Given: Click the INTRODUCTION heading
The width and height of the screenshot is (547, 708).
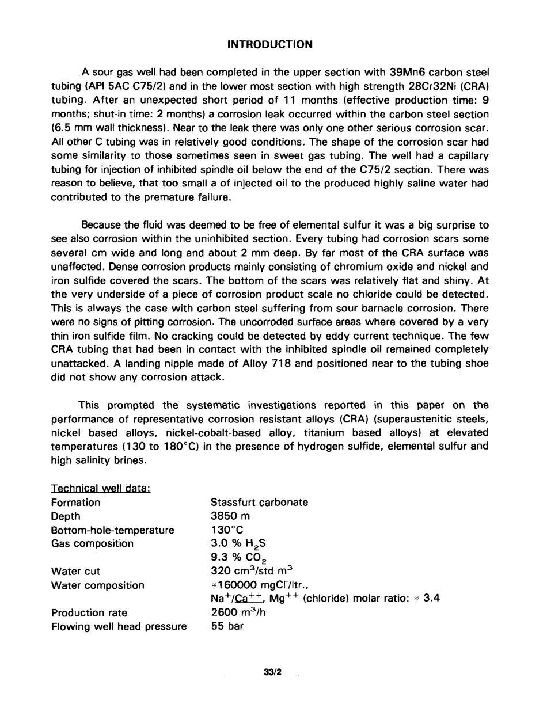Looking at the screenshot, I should (270, 44).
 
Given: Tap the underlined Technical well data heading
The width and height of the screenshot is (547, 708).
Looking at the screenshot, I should (101, 488).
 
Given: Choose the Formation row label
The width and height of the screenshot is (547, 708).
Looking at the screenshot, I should (75, 503).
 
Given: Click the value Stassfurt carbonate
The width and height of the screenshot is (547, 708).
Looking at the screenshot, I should (259, 503).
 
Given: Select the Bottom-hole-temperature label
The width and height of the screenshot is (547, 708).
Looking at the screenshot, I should (112, 530).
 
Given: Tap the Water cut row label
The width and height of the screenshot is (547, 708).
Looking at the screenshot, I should (75, 572).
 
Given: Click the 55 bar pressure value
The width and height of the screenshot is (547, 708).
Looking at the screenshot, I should (227, 626).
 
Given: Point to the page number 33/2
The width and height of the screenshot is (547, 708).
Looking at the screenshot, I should (272, 672).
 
